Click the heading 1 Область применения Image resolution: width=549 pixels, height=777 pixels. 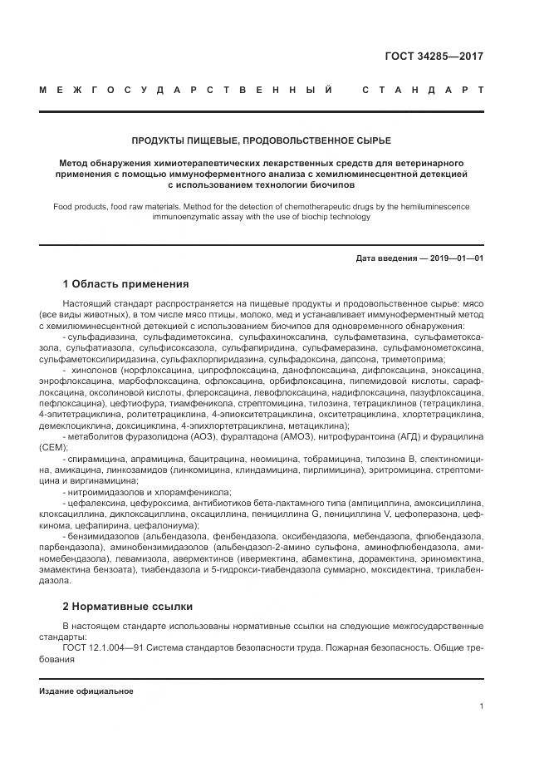(125, 283)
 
